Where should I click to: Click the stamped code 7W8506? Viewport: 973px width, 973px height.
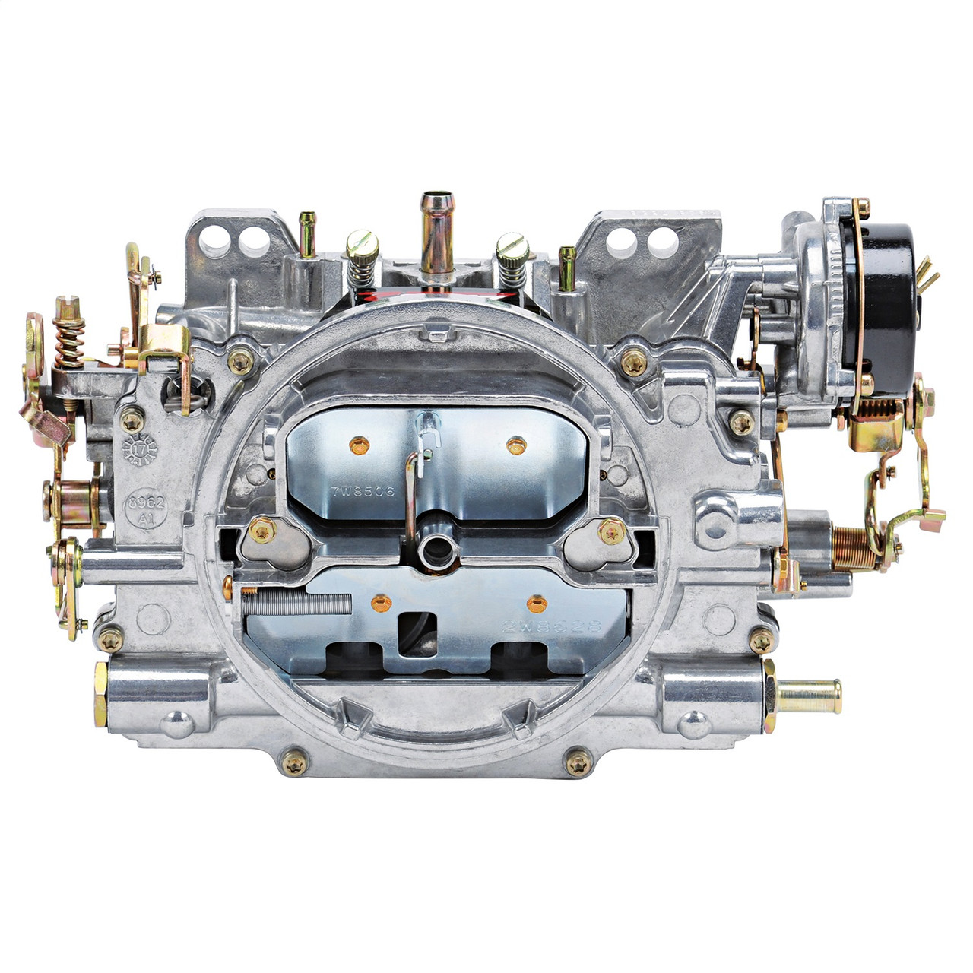[363, 492]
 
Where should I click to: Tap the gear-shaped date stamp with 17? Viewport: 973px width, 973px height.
[139, 450]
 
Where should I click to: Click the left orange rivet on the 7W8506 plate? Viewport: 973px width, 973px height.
[357, 442]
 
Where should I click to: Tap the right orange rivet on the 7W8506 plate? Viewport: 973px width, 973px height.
[516, 442]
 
